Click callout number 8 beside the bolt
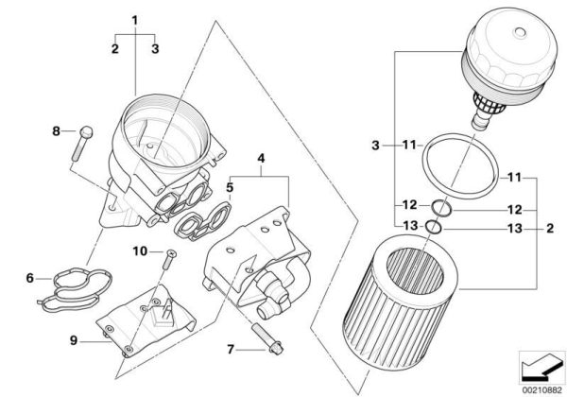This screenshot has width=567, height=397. pos(56,130)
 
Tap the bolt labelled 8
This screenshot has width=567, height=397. pos(82,143)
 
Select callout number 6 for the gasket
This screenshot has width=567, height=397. pos(29,278)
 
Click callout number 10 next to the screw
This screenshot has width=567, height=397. pos(140,250)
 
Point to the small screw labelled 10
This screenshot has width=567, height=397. pos(169,259)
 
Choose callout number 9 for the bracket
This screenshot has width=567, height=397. pos(74,340)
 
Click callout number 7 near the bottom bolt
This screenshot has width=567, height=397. pos(231,350)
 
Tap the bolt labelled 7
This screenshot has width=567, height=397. pos(267,338)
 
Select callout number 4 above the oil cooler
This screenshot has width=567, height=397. pos(261,159)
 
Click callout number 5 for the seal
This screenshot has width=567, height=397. pos(230,188)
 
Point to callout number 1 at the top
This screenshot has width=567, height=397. pos(135,20)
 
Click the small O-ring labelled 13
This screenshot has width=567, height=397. pos(434,227)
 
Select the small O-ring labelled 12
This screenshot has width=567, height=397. pos(440,208)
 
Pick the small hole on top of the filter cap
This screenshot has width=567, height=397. pos(521,32)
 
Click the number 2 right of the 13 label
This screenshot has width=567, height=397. pos(550,229)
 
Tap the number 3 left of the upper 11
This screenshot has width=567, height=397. pos(376,146)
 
